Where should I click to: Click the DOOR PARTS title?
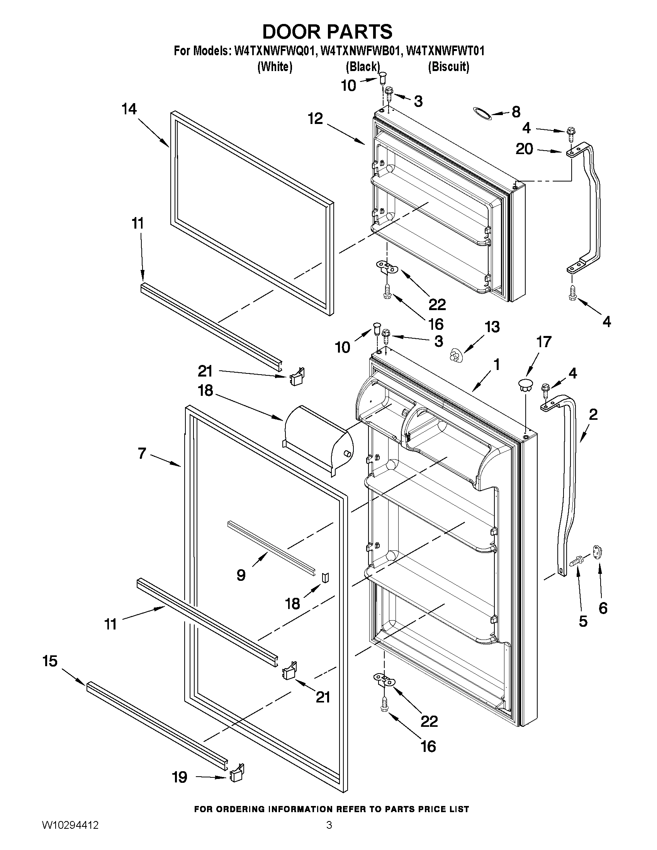(327, 32)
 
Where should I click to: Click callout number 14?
(129, 109)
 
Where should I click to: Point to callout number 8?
(516, 112)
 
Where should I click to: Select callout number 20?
(524, 149)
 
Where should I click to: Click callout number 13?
(492, 327)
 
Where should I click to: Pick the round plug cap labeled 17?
(525, 385)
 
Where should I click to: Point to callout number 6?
(603, 607)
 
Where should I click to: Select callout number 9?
(241, 574)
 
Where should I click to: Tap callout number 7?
(141, 453)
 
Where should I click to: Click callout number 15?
(50, 661)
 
